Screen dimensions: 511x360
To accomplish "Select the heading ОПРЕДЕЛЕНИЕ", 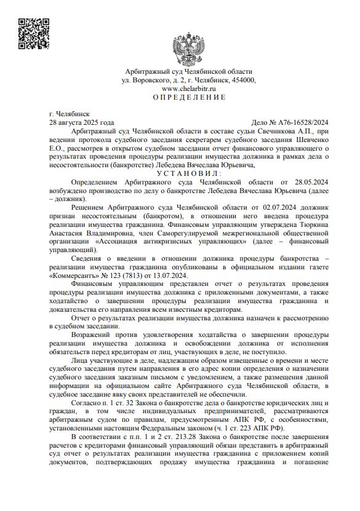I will click(189, 98).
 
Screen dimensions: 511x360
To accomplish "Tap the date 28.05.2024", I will click(310, 183).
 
